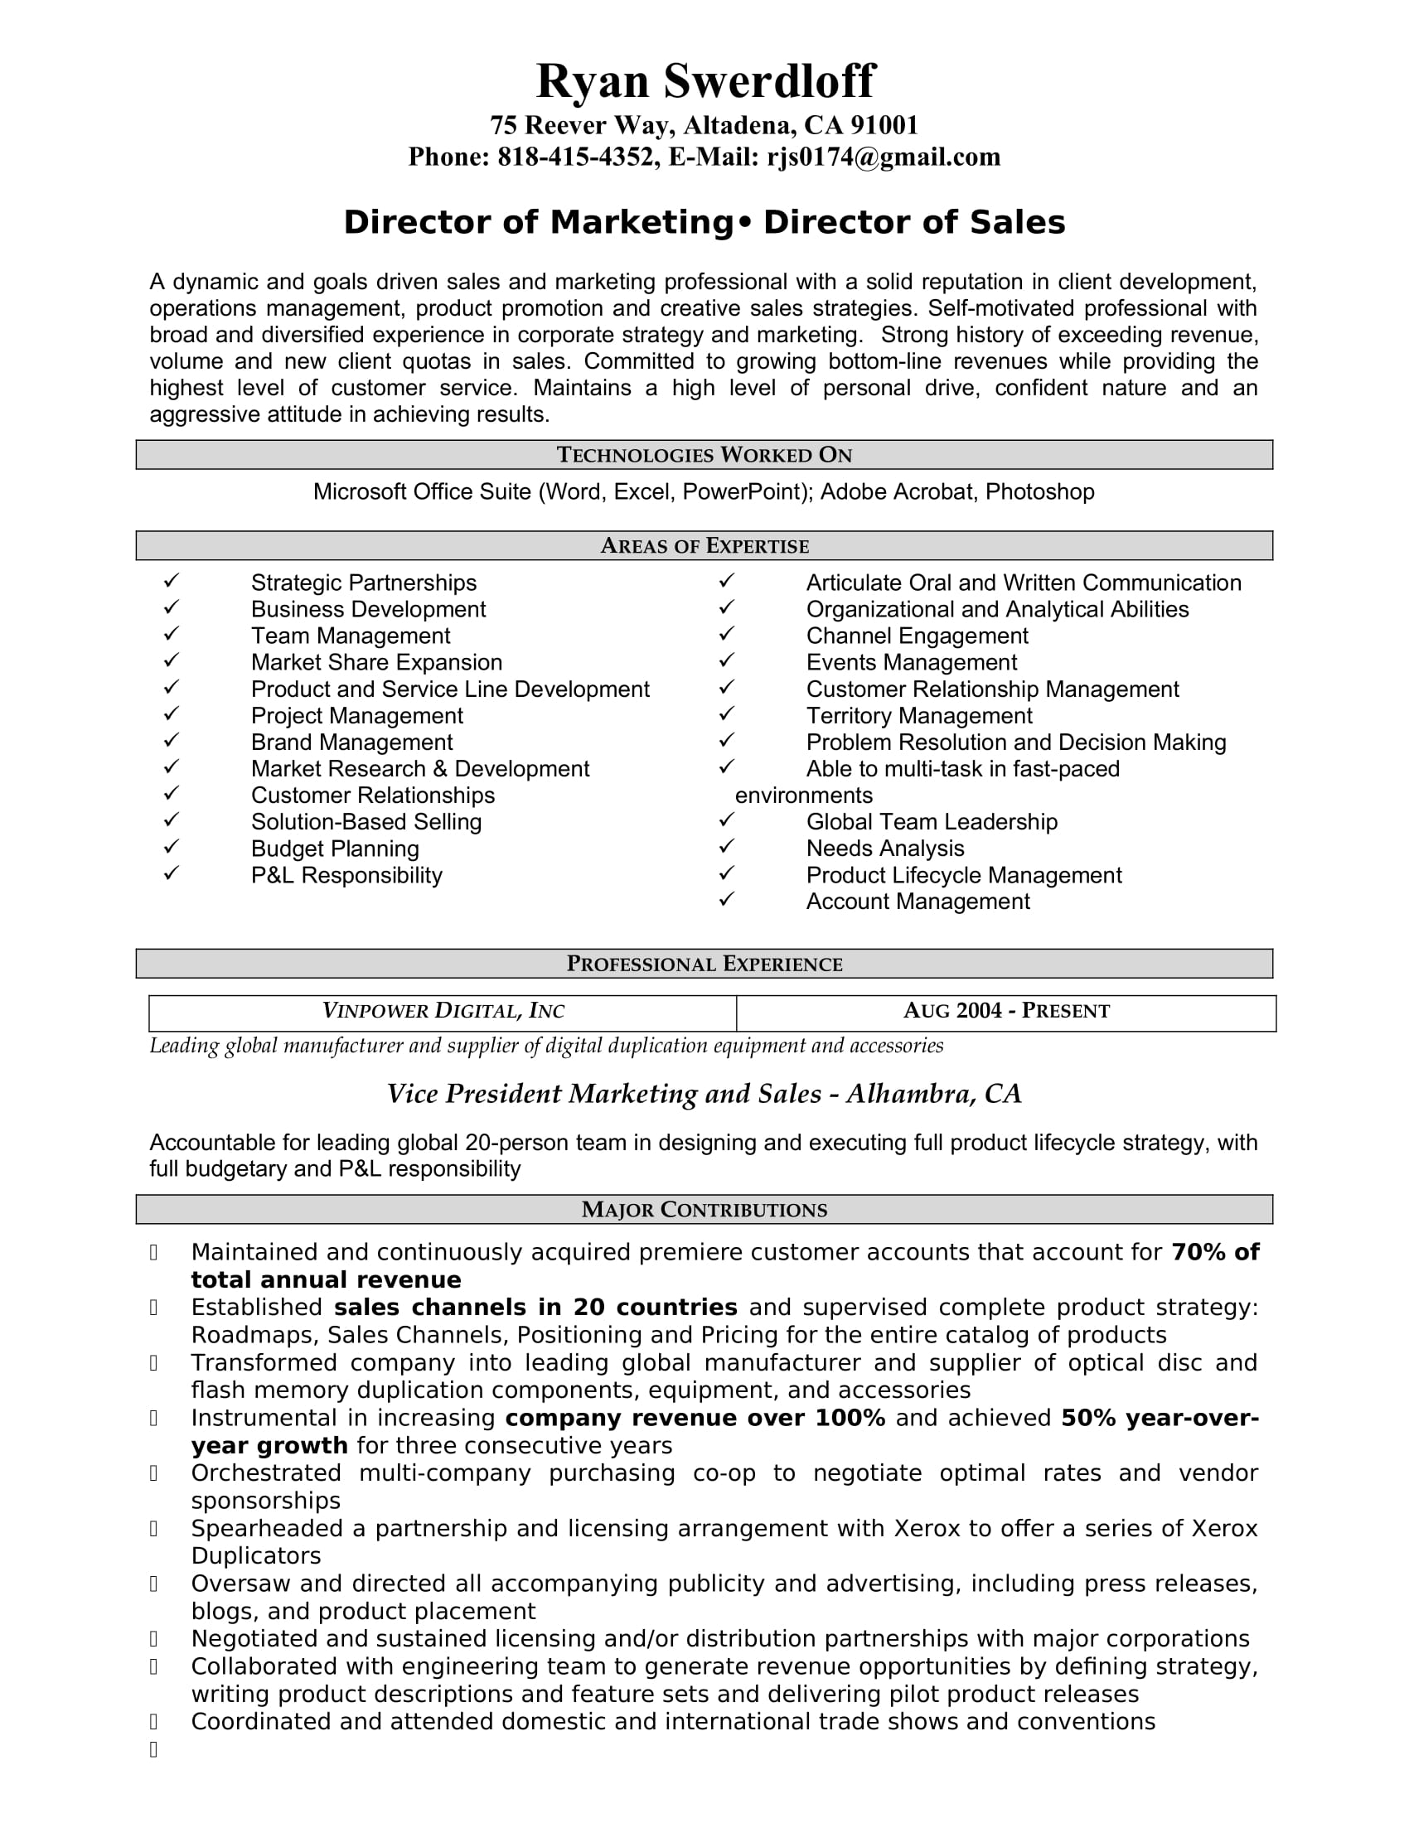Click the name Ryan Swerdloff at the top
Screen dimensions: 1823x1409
click(704, 81)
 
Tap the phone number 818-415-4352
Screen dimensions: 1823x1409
click(575, 157)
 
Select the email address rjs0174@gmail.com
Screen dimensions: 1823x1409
click(884, 157)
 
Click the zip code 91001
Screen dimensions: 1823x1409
click(884, 125)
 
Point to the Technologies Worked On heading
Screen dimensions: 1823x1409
click(704, 455)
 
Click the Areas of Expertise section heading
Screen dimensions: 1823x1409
click(704, 546)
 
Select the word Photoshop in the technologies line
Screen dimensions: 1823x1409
click(1039, 491)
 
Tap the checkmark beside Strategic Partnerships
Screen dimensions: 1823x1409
click(171, 580)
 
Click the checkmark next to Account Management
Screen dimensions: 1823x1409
click(726, 899)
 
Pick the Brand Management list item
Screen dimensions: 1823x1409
click(351, 742)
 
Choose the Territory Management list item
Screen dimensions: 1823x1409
click(919, 715)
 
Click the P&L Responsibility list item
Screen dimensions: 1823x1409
click(346, 875)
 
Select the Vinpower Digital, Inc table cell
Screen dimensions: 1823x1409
click(443, 1012)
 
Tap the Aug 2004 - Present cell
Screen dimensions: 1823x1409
click(1006, 1012)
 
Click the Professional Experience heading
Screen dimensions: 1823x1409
click(704, 964)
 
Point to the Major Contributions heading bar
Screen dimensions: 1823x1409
click(704, 1210)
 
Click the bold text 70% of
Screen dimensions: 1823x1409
click(1214, 1252)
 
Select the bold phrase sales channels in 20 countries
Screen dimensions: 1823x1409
click(535, 1307)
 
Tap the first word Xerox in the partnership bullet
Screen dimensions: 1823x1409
click(927, 1528)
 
